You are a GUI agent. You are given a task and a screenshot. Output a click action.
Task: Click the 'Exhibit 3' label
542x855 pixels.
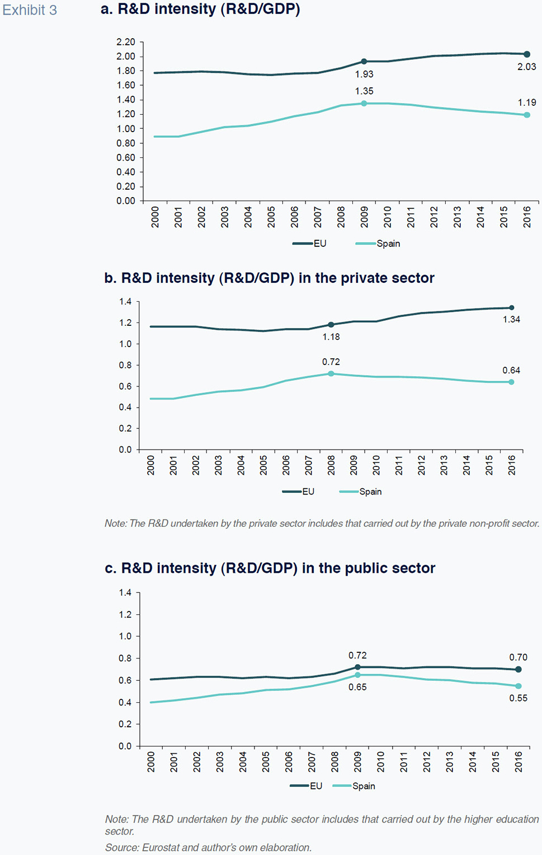pos(30,10)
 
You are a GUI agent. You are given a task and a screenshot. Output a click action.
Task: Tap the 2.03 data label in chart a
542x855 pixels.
pos(526,67)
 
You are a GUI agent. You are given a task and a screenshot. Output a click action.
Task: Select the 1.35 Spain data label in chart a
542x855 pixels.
pos(364,91)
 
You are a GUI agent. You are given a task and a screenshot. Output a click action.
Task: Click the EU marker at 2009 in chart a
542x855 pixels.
pos(364,62)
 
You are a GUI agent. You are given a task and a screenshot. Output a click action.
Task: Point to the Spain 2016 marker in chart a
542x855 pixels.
pos(527,115)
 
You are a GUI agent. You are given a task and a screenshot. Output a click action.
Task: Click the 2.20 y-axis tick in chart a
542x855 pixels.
pos(126,42)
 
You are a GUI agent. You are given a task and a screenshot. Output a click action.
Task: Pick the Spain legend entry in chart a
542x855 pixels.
pos(388,244)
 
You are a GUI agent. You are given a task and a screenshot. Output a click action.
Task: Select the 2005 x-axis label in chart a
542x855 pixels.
pos(271,217)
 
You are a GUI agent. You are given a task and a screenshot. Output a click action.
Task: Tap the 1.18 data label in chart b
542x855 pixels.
pos(331,337)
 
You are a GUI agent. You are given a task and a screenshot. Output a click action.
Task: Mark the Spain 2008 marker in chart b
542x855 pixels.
pos(331,373)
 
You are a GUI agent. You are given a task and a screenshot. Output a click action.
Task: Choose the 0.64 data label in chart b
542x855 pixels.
pos(511,370)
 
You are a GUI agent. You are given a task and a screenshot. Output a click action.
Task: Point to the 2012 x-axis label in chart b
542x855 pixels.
pos(422,465)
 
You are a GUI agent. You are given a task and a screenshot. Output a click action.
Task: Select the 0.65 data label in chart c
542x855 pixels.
pos(357,687)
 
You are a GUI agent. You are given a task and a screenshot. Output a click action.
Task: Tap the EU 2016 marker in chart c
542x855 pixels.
pos(519,669)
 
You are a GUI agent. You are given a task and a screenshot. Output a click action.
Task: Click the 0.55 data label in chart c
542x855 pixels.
pos(518,698)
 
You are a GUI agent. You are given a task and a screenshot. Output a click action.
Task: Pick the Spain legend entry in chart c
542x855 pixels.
pos(364,786)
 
